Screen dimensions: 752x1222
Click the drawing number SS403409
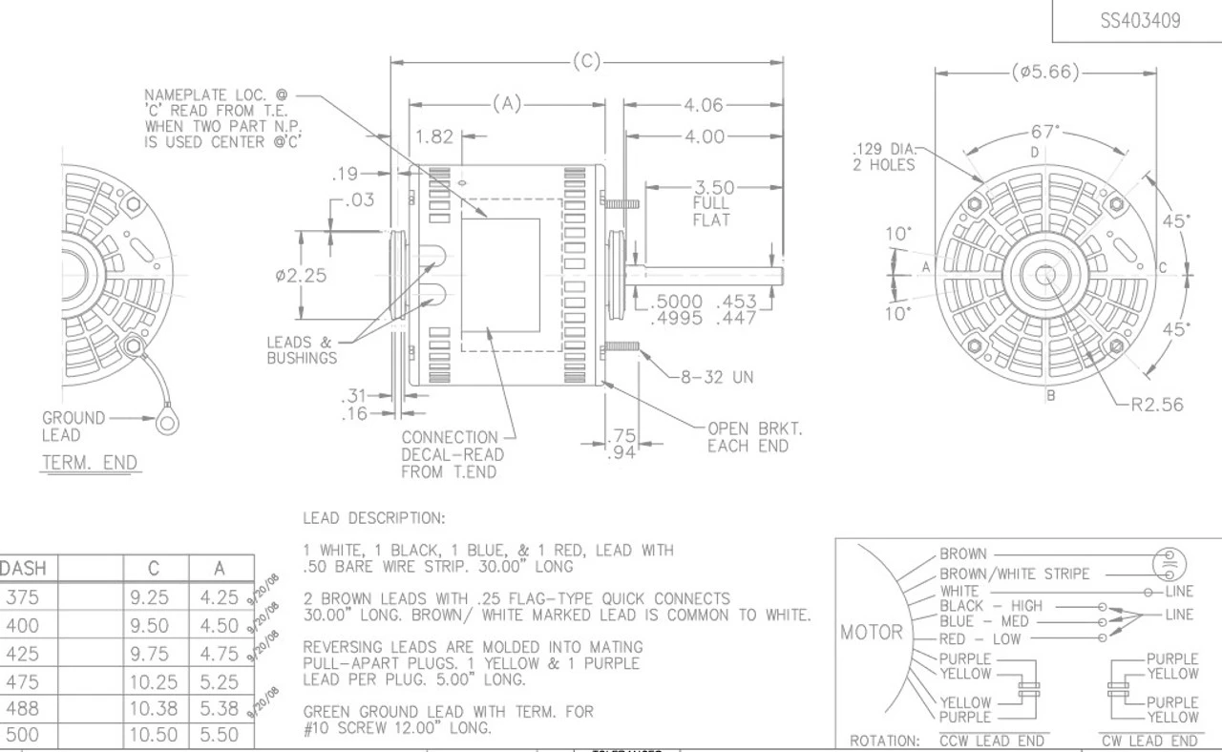pyautogui.click(x=1139, y=21)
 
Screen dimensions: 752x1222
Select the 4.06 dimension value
pyautogui.click(x=704, y=105)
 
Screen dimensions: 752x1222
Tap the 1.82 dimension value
pyautogui.click(x=434, y=136)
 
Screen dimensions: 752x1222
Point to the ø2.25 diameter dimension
pyautogui.click(x=301, y=276)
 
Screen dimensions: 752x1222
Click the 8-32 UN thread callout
pyautogui.click(x=716, y=377)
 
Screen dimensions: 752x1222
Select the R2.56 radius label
pyautogui.click(x=1156, y=405)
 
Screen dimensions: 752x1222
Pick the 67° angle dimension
pyautogui.click(x=1044, y=132)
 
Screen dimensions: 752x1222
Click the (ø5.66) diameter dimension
pyautogui.click(x=1045, y=73)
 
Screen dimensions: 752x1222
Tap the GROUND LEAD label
pyautogui.click(x=74, y=427)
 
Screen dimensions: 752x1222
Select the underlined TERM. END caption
pyautogui.click(x=90, y=464)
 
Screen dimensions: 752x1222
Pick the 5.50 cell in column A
pyautogui.click(x=219, y=736)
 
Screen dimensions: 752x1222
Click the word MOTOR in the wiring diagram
pyautogui.click(x=871, y=632)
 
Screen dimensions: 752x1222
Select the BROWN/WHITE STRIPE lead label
pyautogui.click(x=1014, y=574)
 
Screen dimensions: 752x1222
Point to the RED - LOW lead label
pyautogui.click(x=979, y=638)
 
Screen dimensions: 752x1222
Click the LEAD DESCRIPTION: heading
pyautogui.click(x=373, y=518)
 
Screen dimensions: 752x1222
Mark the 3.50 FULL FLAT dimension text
pyautogui.click(x=713, y=203)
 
